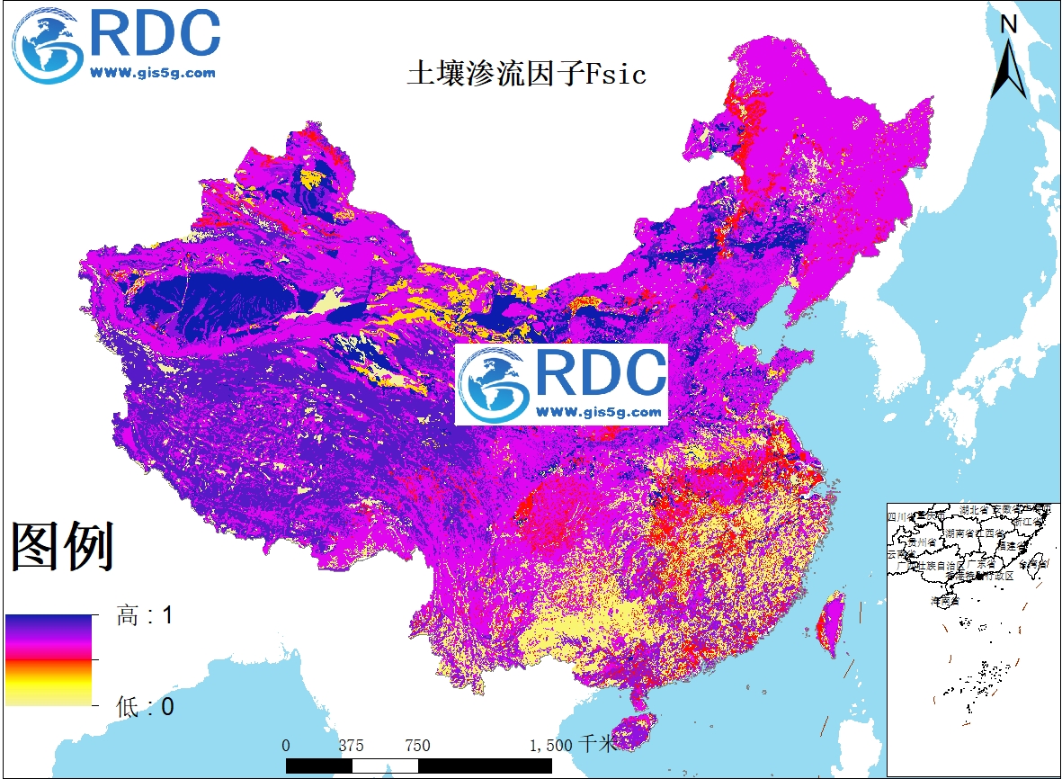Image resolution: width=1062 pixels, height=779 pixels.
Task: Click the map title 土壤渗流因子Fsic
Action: coord(526,74)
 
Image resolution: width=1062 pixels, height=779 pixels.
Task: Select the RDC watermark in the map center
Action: coord(561,383)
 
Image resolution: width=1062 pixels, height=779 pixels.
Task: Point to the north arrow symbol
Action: coord(1009,67)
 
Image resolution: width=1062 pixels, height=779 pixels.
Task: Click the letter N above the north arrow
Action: coord(1009,24)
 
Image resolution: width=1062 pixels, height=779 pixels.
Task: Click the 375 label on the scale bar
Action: coord(351,746)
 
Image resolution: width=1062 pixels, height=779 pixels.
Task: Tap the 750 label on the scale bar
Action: coord(416,746)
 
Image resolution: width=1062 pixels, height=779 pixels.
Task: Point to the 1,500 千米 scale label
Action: coord(572,746)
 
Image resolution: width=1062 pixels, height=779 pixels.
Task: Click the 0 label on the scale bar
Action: coord(286,746)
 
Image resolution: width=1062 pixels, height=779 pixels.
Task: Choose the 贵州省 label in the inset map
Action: coord(923,543)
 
